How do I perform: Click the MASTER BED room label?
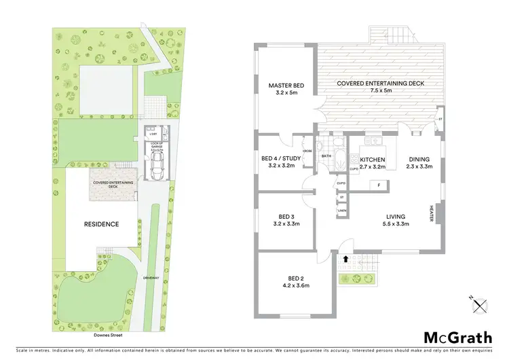coord(286,86)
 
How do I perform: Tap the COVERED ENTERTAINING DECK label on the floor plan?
coord(381,84)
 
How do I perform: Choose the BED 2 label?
coord(295,281)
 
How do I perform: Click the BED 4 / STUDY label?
coord(281,160)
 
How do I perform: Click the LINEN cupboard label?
coord(342,211)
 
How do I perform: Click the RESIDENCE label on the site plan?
coord(102,224)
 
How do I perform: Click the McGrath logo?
coord(459,337)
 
